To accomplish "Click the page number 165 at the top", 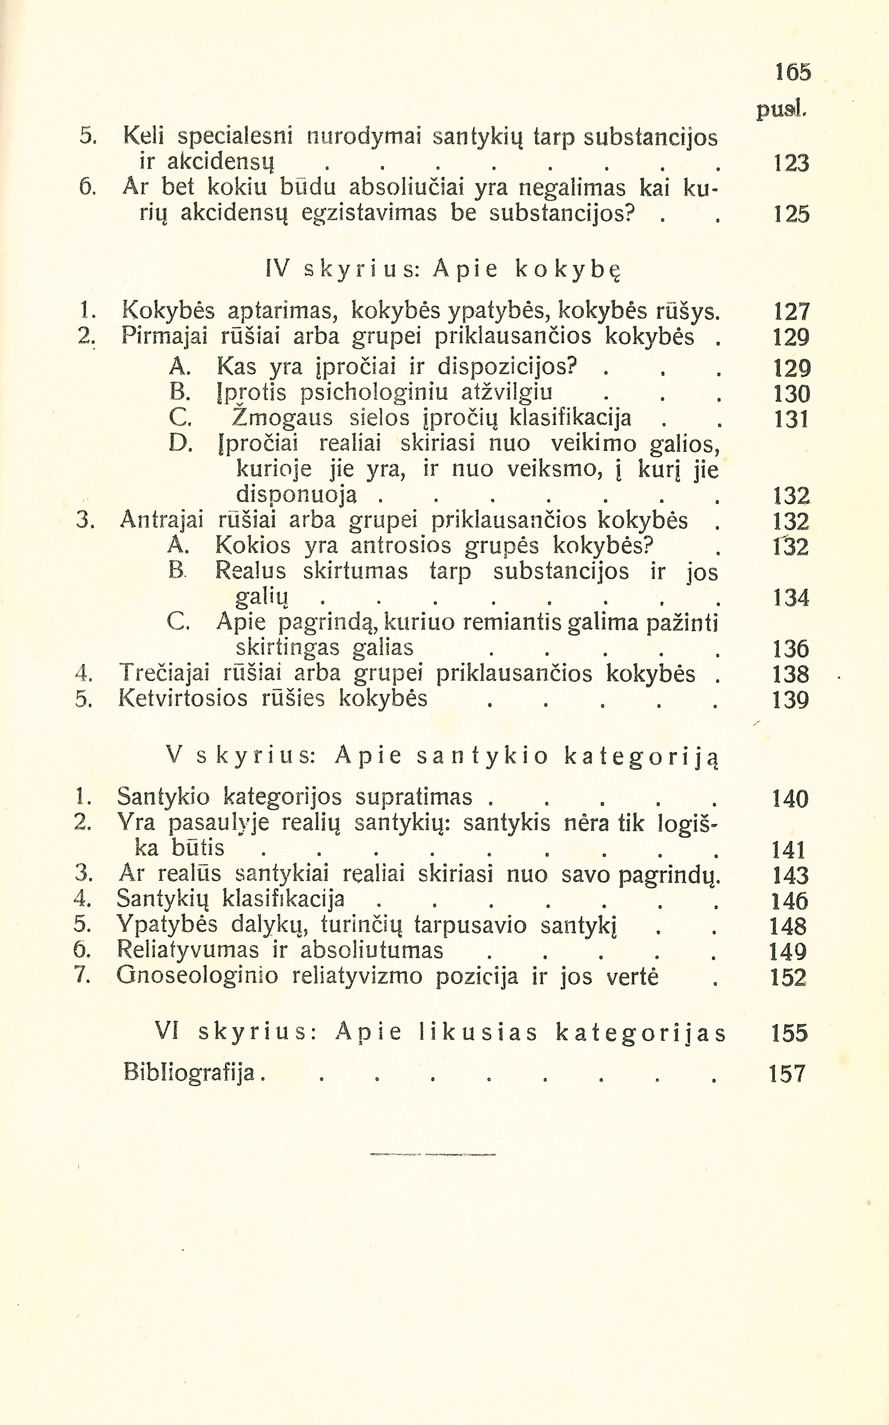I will point(792,72).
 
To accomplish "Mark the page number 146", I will point(791,900).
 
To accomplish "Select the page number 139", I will point(791,700).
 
